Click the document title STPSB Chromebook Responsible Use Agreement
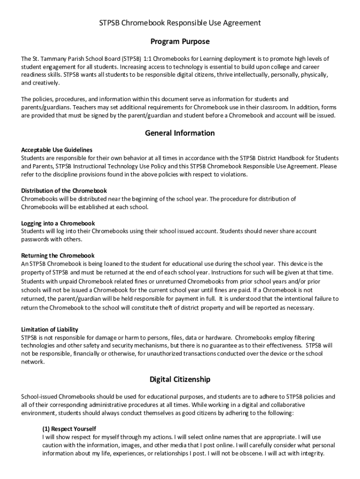pyautogui.click(x=180, y=22)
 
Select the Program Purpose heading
pyautogui.click(x=180, y=42)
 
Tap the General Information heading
pyautogui.click(x=180, y=133)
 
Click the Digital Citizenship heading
pyautogui.click(x=180, y=379)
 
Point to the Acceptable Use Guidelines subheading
pyautogui.click(x=57, y=150)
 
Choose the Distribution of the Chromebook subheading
pyautogui.click(x=64, y=190)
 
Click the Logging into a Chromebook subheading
pyautogui.click(x=58, y=223)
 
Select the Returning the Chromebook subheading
pyautogui.click(x=58, y=255)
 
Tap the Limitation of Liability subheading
pyautogui.click(x=50, y=329)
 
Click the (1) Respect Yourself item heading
pyautogui.click(x=69, y=428)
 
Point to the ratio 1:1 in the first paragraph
pyautogui.click(x=147, y=59)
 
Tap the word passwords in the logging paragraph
pyautogui.click(x=35, y=239)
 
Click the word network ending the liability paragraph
pyautogui.click(x=33, y=362)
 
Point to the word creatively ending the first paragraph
pyautogui.click(x=47, y=83)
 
